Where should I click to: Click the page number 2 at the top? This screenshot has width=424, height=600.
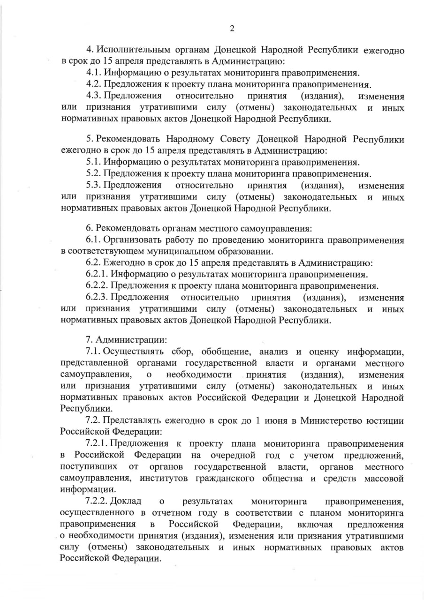pos(232,29)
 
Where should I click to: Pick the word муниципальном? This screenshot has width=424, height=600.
pos(169,251)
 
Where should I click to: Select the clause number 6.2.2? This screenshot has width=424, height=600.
pos(97,286)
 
